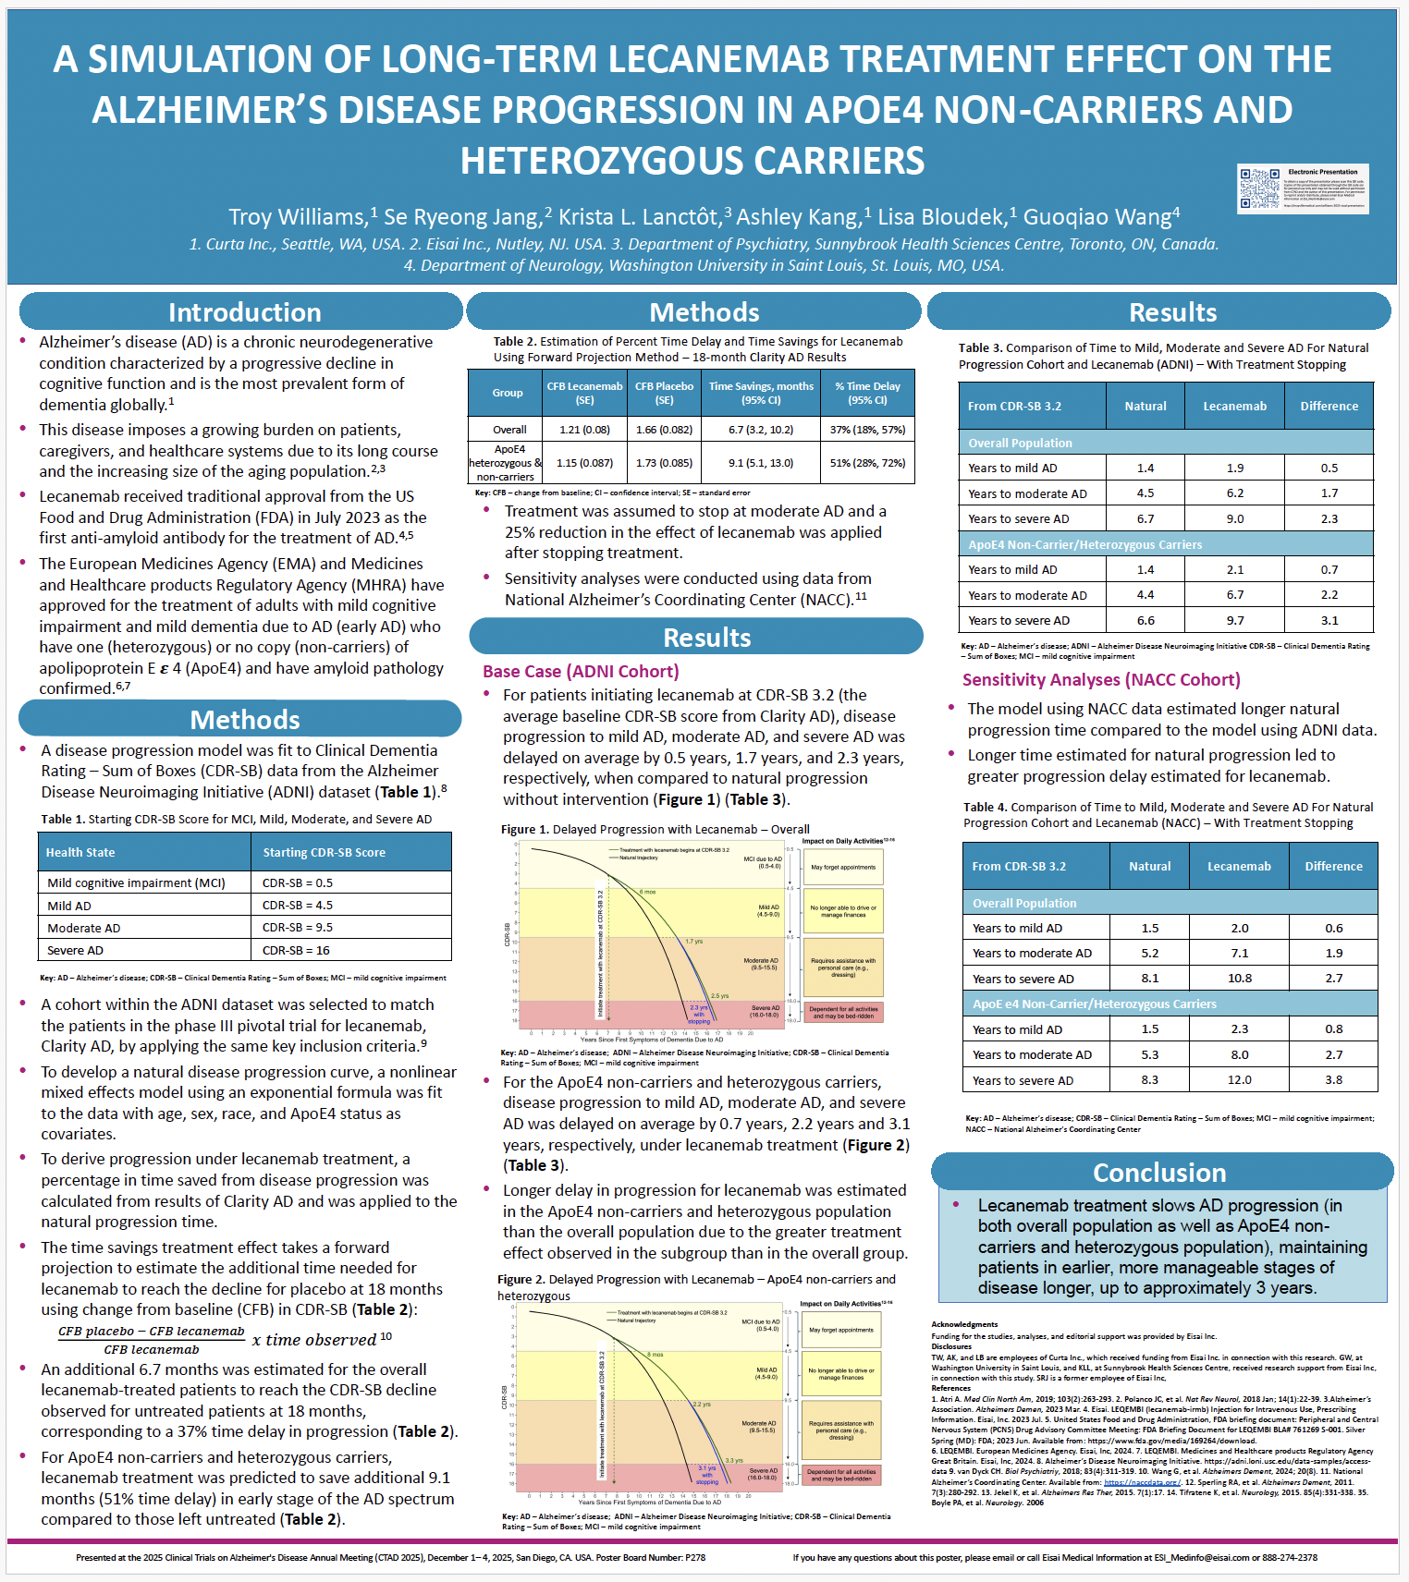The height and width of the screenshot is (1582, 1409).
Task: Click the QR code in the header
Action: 1259,189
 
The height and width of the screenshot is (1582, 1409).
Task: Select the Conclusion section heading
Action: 1159,1172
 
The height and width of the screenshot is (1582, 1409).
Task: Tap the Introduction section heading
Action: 244,312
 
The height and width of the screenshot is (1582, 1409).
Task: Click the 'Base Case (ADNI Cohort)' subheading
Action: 581,671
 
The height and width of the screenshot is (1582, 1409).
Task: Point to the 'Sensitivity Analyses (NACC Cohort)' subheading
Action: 1101,679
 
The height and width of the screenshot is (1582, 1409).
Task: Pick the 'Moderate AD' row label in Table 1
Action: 84,928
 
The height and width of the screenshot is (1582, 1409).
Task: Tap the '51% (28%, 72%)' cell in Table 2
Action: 867,463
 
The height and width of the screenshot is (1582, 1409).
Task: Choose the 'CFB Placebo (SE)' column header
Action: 664,393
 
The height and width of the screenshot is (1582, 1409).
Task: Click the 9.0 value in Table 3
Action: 1235,518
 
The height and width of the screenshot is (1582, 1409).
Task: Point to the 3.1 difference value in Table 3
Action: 1329,620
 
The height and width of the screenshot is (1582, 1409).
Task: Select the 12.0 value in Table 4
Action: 1239,1079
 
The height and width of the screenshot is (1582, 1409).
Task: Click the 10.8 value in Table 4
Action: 1239,978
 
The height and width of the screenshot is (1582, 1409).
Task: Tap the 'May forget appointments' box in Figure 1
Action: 843,867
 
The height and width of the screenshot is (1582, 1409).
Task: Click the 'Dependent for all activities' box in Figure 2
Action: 841,1475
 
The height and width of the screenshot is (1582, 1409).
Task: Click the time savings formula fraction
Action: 153,1340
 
